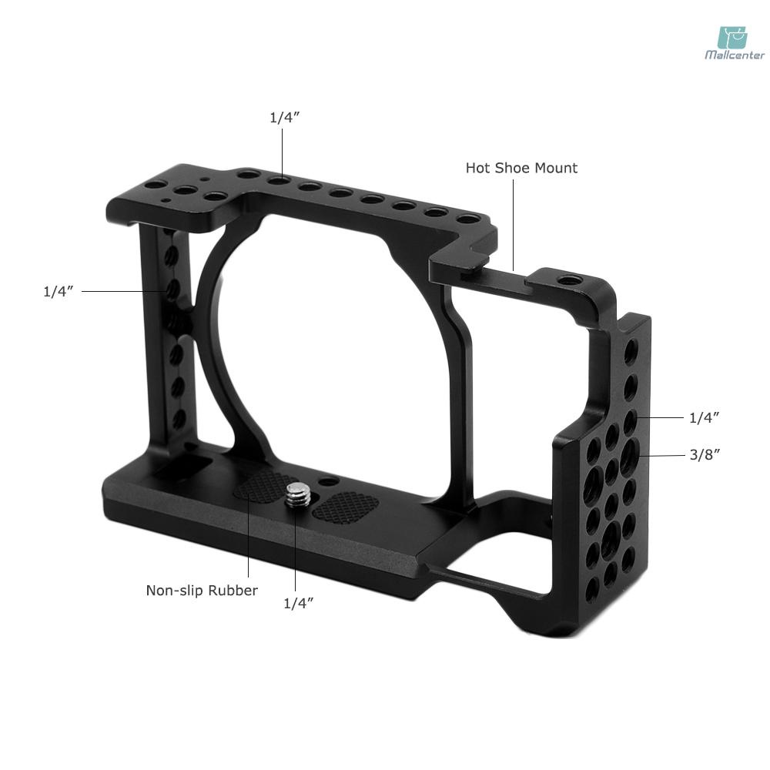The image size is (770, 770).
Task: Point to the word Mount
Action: (x=557, y=168)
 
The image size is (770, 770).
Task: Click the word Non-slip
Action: (x=175, y=591)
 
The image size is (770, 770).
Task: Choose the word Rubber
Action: (x=233, y=591)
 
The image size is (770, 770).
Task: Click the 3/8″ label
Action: (x=704, y=454)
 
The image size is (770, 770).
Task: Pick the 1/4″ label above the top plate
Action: (x=283, y=117)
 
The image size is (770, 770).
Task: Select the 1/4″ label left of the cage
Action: (x=58, y=292)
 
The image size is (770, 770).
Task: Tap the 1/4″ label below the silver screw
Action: (x=298, y=604)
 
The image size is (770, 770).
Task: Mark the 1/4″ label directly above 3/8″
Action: (x=704, y=417)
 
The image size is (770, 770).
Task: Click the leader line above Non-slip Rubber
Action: (x=249, y=539)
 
